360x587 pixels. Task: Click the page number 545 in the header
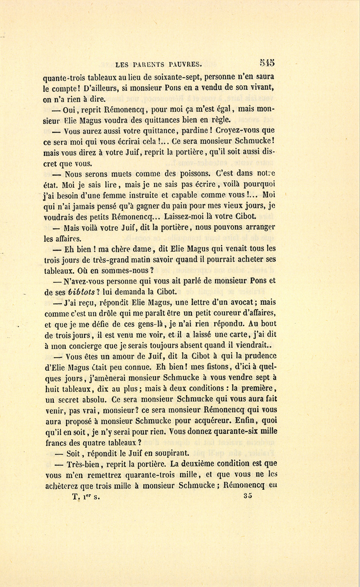(x=267, y=62)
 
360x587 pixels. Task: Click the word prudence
(x=259, y=356)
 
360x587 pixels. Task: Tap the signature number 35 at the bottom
(x=247, y=496)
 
